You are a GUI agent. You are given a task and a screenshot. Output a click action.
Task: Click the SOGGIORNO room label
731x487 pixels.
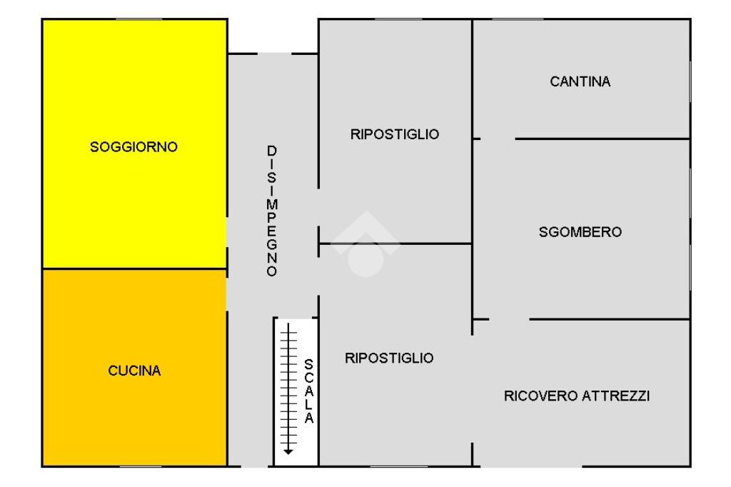tap(133, 147)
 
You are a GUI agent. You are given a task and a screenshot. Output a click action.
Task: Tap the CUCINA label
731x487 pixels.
tap(134, 371)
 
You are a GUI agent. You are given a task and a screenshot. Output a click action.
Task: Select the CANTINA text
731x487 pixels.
tap(580, 81)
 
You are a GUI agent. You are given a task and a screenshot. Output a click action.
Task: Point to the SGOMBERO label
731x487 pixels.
tap(580, 232)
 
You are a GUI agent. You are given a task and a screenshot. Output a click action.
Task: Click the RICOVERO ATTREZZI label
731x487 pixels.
tap(577, 396)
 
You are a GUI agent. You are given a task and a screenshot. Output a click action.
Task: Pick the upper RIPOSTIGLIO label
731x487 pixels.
tap(394, 134)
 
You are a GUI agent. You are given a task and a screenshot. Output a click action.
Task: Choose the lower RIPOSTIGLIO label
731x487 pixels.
tap(389, 358)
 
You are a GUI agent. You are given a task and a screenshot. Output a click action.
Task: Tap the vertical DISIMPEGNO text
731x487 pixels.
tap(271, 211)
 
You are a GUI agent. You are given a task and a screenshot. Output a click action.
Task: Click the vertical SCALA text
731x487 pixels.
tap(308, 391)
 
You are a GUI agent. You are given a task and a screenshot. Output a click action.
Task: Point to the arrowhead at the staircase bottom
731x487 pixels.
tap(288, 451)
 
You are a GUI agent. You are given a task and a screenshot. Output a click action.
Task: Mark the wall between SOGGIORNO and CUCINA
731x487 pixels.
tap(134, 269)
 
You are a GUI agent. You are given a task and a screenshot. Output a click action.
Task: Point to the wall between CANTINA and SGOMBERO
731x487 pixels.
tap(603, 139)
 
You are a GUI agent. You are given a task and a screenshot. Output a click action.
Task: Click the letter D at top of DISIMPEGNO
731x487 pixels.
tap(271, 151)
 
